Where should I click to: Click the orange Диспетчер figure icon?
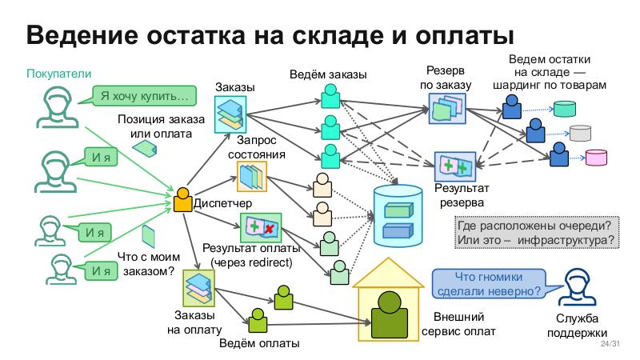click(x=182, y=199)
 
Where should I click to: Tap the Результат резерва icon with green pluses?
click(x=455, y=166)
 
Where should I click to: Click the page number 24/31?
click(x=609, y=344)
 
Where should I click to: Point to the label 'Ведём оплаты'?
click(x=259, y=345)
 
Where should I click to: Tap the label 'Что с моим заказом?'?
click(x=146, y=263)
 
